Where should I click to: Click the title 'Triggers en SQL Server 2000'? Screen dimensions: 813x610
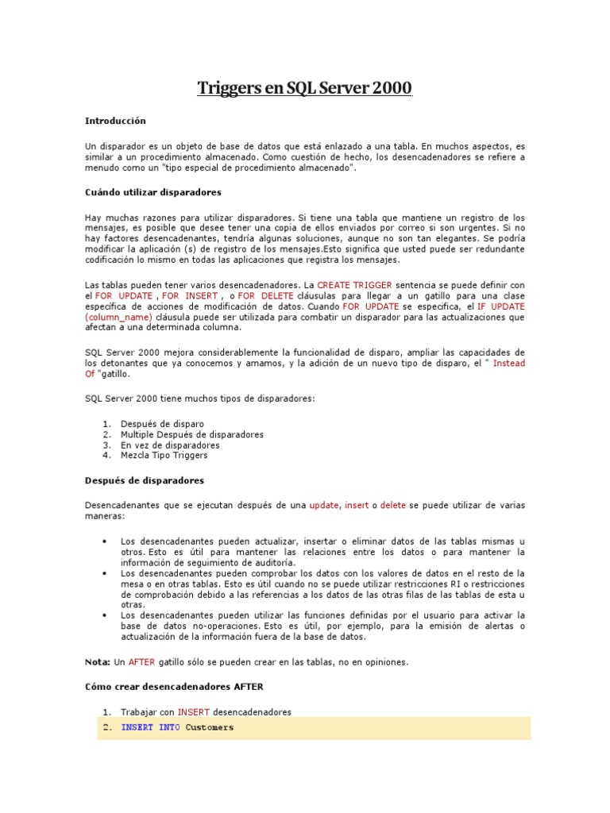304,88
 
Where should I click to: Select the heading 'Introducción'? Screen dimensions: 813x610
116,121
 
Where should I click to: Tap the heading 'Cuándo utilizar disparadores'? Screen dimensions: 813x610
152,192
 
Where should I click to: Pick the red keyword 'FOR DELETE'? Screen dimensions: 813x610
265,295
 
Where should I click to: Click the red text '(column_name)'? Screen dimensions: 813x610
118,317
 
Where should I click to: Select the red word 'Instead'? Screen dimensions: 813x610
509,363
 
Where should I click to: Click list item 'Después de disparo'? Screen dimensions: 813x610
162,424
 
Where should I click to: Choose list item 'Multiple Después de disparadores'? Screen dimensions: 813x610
191,434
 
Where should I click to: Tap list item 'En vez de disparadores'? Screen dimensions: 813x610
170,445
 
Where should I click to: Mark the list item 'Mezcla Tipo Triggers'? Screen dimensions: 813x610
164,456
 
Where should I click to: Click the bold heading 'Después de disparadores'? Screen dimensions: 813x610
145,480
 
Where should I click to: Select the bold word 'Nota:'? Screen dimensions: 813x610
98,661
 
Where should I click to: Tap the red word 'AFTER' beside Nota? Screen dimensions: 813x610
141,661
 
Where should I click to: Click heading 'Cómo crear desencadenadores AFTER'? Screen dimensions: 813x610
174,686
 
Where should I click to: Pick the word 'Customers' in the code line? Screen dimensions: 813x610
210,727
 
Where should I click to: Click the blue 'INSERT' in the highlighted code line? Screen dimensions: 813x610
137,727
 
